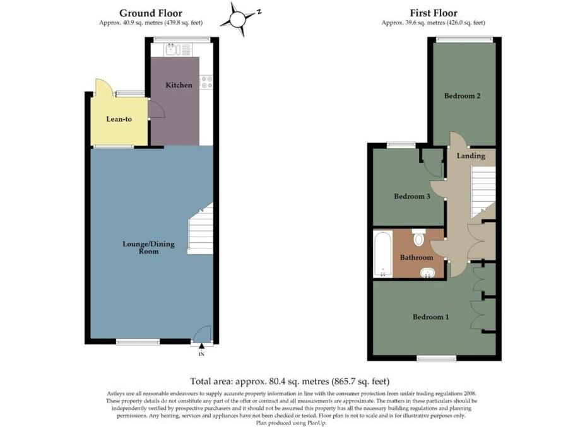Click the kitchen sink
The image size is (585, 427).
pyautogui.click(x=178, y=49)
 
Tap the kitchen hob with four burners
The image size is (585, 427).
pyautogui.click(x=206, y=83)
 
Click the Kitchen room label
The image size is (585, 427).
pyautogui.click(x=179, y=85)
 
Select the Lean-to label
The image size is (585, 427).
pyautogui.click(x=119, y=119)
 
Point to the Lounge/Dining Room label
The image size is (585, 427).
pyautogui.click(x=148, y=248)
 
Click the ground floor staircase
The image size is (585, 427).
pyautogui.click(x=200, y=229)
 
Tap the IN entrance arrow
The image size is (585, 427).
pyautogui.click(x=201, y=346)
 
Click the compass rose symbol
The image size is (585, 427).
pyautogui.click(x=239, y=19)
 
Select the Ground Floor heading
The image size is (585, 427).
pyautogui.click(x=151, y=13)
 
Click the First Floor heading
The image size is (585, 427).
pyautogui.click(x=434, y=13)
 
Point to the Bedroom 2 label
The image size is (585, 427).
pyautogui.click(x=462, y=96)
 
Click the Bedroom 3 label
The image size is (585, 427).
pyautogui.click(x=412, y=196)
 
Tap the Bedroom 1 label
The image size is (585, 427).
pyautogui.click(x=430, y=317)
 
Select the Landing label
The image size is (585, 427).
pyautogui.click(x=471, y=156)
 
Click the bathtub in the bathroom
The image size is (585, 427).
pyautogui.click(x=383, y=254)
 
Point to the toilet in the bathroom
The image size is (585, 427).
pyautogui.click(x=419, y=238)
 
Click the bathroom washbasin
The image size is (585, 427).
pyautogui.click(x=428, y=273)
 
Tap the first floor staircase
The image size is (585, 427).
pyautogui.click(x=483, y=192)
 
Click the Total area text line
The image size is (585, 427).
pyautogui.click(x=290, y=382)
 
